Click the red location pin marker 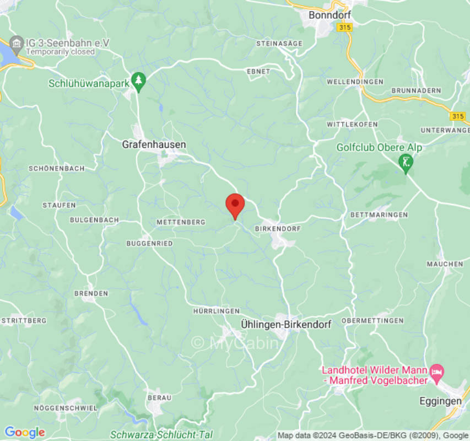(x=235, y=205)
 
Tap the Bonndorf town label (x=330, y=15)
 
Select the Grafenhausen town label (x=154, y=144)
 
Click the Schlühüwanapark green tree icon (x=138, y=81)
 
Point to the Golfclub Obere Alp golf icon (x=406, y=162)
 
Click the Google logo (x=24, y=433)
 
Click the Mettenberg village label (x=181, y=222)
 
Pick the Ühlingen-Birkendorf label (x=286, y=325)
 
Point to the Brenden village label (x=91, y=294)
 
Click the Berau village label (x=159, y=397)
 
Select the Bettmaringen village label (x=379, y=214)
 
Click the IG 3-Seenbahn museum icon (x=17, y=43)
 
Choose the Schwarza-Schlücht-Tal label (x=161, y=434)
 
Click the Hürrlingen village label (x=216, y=311)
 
